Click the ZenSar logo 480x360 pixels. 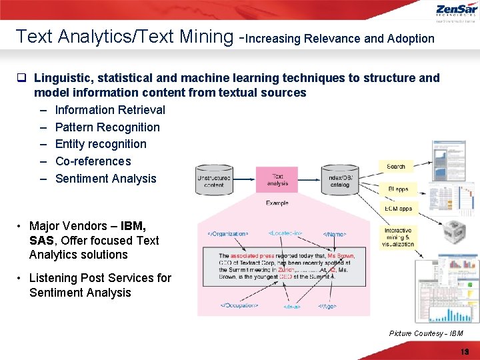pyautogui.click(x=457, y=11)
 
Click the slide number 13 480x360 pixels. pyautogui.click(x=465, y=351)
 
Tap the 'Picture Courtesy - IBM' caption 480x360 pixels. pyautogui.click(x=425, y=333)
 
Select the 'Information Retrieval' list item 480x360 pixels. pyautogui.click(x=110, y=110)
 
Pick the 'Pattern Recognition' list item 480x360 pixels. pyautogui.click(x=107, y=127)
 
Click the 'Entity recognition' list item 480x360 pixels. pyautogui.click(x=101, y=144)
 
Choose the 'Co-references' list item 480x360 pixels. pyautogui.click(x=93, y=161)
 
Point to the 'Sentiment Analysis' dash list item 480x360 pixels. pyautogui.click(x=105, y=179)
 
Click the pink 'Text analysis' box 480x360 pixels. pyautogui.click(x=277, y=180)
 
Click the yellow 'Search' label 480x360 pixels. pyautogui.click(x=396, y=166)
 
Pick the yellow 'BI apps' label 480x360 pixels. pyautogui.click(x=398, y=189)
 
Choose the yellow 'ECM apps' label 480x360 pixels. pyautogui.click(x=398, y=209)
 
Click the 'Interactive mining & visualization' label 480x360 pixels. pyautogui.click(x=398, y=237)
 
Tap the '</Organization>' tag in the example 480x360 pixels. pyautogui.click(x=228, y=234)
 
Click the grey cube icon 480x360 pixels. pyautogui.click(x=455, y=233)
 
